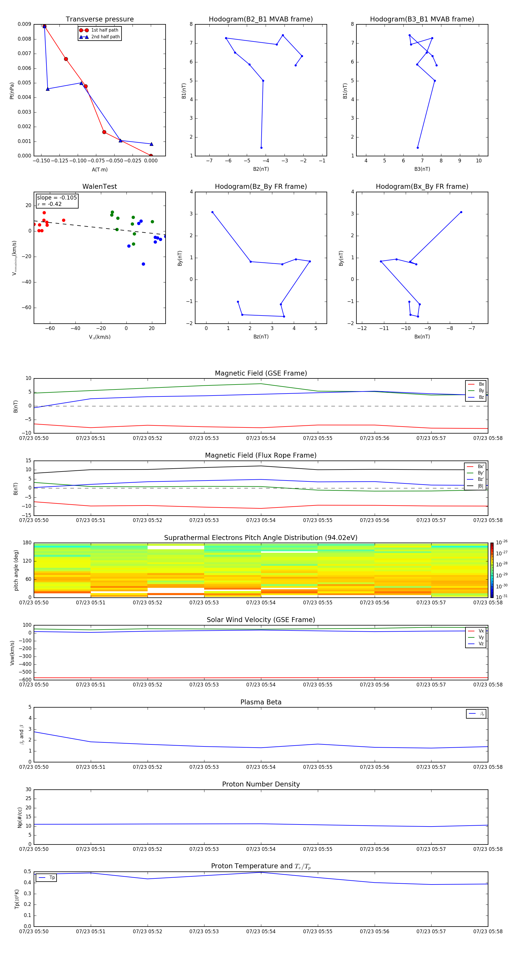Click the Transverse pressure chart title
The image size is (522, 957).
pyautogui.click(x=99, y=19)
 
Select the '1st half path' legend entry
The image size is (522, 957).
pyautogui.click(x=104, y=30)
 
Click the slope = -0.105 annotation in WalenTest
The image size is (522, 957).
pyautogui.click(x=57, y=198)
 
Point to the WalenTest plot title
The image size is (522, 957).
pyautogui.click(x=99, y=186)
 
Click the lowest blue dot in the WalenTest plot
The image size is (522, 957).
pyautogui.click(x=144, y=264)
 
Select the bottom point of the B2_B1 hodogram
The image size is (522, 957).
pyautogui.click(x=261, y=148)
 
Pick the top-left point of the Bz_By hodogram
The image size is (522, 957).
pyautogui.click(x=212, y=212)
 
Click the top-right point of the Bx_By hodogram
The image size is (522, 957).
pyautogui.click(x=461, y=212)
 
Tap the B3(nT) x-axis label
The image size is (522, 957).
pyautogui.click(x=422, y=169)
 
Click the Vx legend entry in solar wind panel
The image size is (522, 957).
pyautogui.click(x=481, y=631)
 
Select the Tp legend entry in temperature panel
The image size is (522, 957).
pyautogui.click(x=52, y=878)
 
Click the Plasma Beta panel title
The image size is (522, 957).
pyautogui.click(x=261, y=702)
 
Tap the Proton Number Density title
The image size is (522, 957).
pyautogui.click(x=261, y=784)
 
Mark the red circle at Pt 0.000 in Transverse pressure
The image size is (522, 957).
pyautogui.click(x=151, y=156)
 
